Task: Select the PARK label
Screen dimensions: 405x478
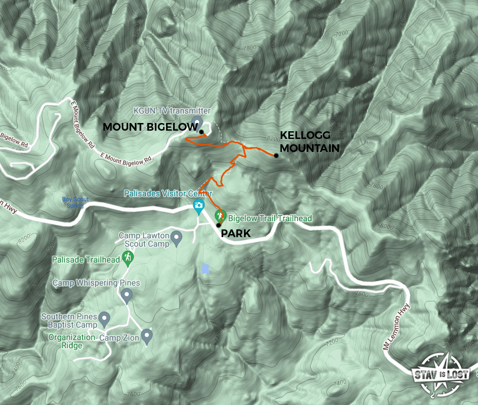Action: point(236,234)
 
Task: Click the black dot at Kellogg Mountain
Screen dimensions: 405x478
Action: point(276,155)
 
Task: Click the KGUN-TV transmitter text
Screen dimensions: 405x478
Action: point(172,111)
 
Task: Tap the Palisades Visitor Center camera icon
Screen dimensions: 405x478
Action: point(199,206)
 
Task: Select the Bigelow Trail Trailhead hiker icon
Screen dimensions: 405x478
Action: point(220,216)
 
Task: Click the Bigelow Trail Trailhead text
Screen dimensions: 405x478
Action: point(270,219)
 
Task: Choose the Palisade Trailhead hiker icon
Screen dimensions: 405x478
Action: point(127,257)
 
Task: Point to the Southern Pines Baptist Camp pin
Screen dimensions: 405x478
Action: point(105,319)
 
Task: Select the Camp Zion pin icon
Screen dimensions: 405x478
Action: point(147,336)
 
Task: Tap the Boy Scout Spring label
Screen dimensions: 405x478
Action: point(75,202)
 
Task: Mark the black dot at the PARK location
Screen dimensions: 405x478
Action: point(218,225)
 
